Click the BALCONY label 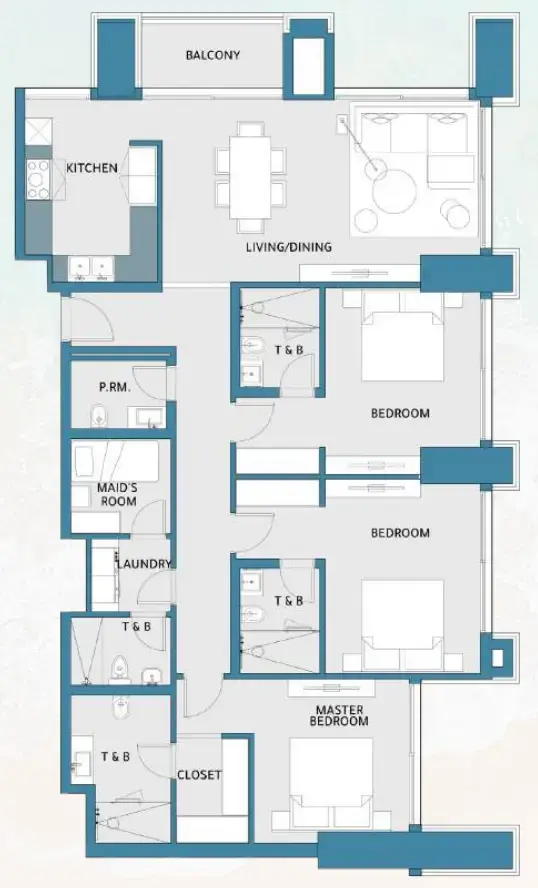pos(213,55)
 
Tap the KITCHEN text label pos(92,168)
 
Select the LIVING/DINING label pos(289,247)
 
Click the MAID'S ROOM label pos(117,494)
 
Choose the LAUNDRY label pos(144,564)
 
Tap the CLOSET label pos(199,775)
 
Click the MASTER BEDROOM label pos(339,715)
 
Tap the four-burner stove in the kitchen pos(39,177)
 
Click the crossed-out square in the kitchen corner pos(38,130)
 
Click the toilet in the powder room pos(97,415)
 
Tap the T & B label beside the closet pos(114,757)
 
